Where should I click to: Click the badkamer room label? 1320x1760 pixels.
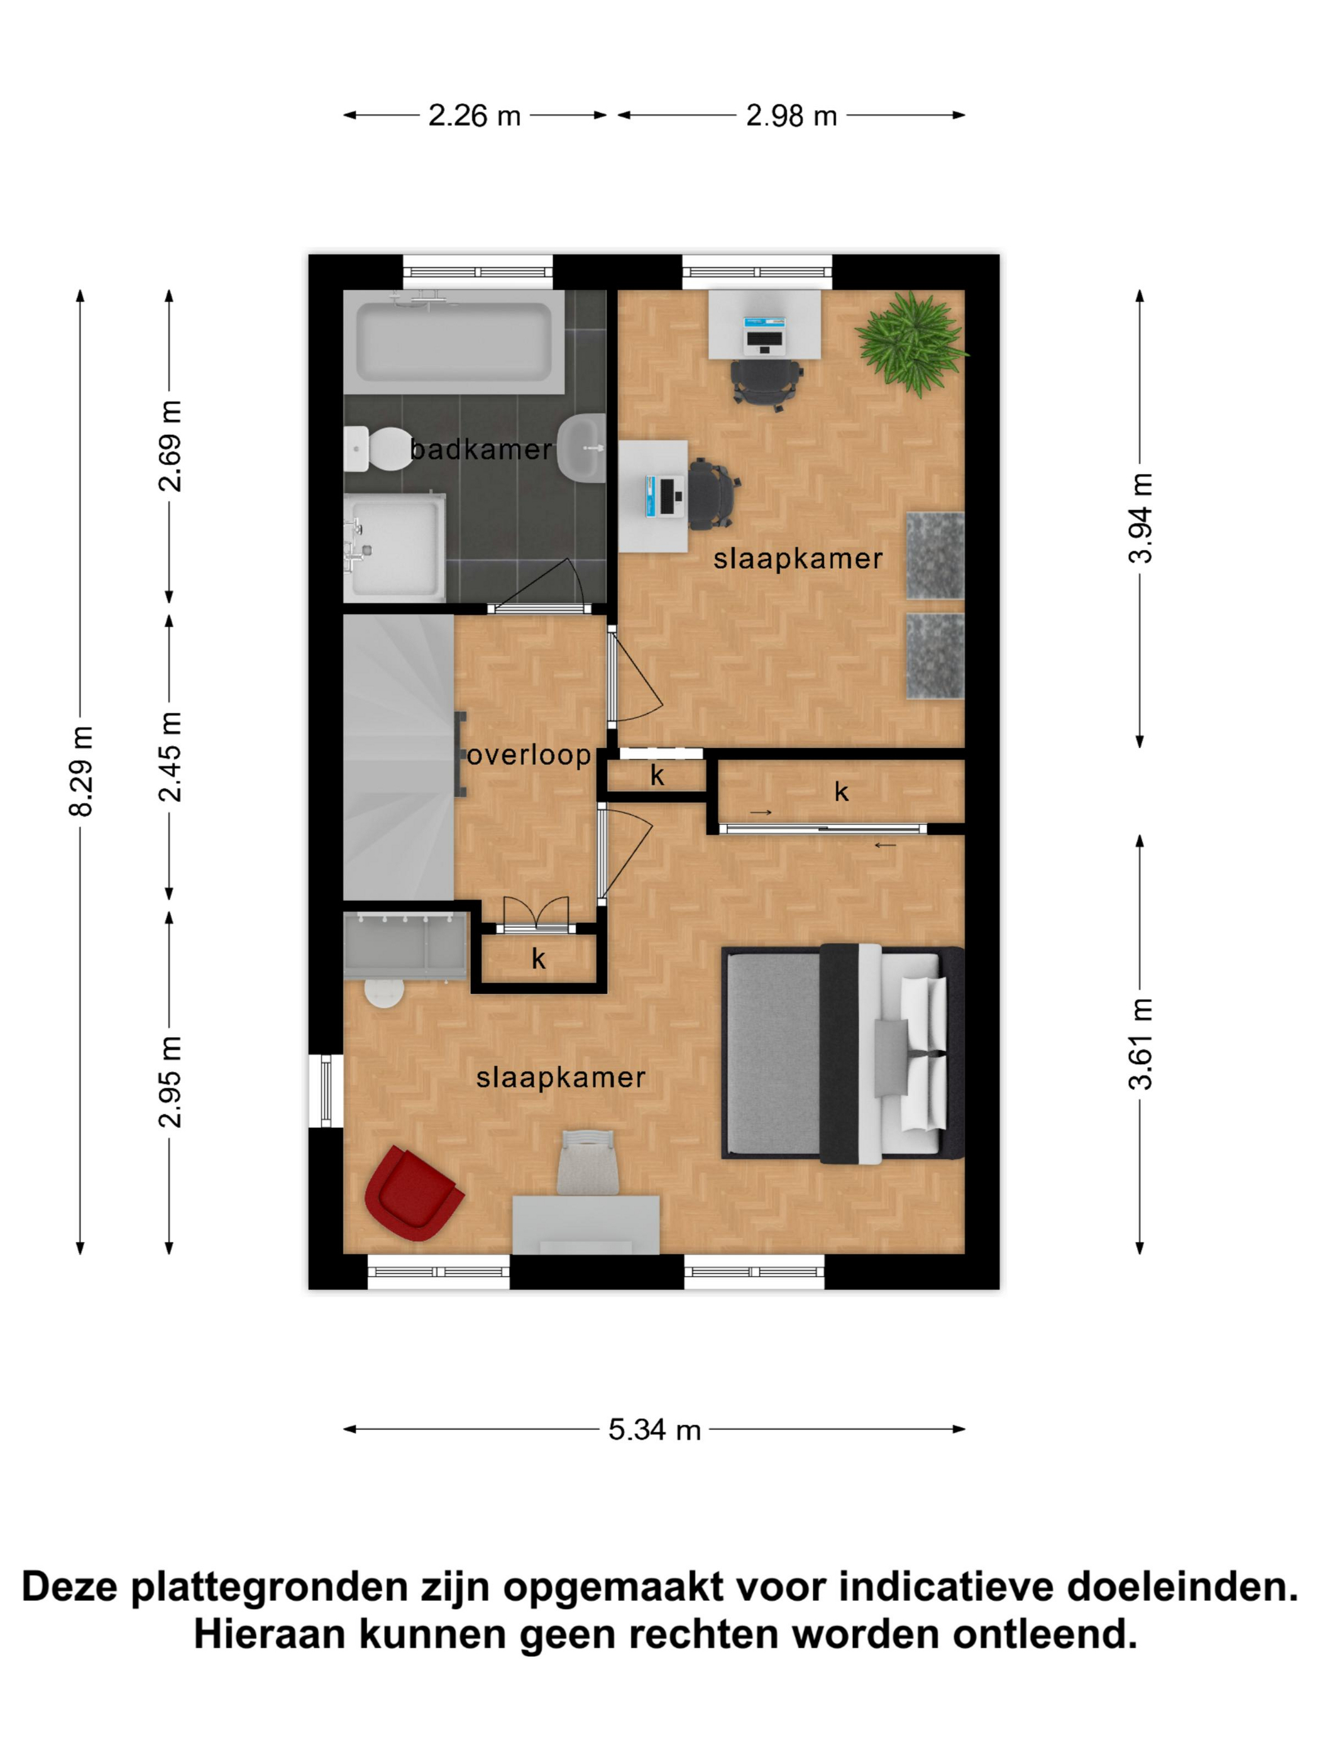click(x=481, y=449)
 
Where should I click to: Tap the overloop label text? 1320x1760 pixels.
click(x=529, y=754)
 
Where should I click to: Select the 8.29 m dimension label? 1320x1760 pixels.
click(x=81, y=771)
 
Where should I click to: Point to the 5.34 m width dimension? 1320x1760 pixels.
click(x=654, y=1430)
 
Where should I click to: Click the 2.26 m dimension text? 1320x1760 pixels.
click(x=474, y=116)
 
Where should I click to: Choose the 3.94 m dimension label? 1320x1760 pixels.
click(x=1140, y=518)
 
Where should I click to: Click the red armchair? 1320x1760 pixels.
click(x=413, y=1192)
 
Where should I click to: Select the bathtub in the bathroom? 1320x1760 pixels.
click(x=454, y=342)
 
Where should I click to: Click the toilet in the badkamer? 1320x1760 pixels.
click(x=377, y=449)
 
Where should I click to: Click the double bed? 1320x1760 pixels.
click(x=842, y=1054)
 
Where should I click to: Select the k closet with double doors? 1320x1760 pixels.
click(x=539, y=960)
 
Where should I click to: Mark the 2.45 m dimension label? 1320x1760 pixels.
click(x=170, y=757)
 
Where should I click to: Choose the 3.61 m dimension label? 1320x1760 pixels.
click(x=1140, y=1043)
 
